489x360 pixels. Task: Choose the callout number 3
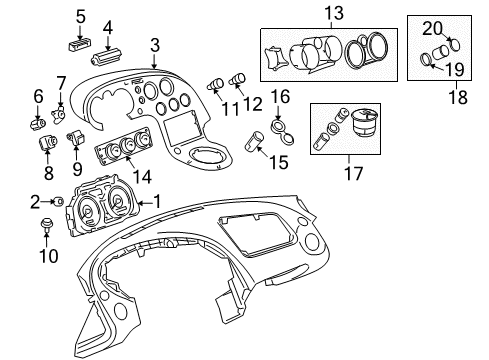pyautogui.click(x=155, y=44)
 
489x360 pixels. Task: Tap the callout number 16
pyautogui.click(x=280, y=96)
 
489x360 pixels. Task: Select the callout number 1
pyautogui.click(x=155, y=201)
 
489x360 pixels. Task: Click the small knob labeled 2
pyautogui.click(x=59, y=201)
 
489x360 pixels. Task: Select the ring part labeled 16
pyautogui.click(x=280, y=126)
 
